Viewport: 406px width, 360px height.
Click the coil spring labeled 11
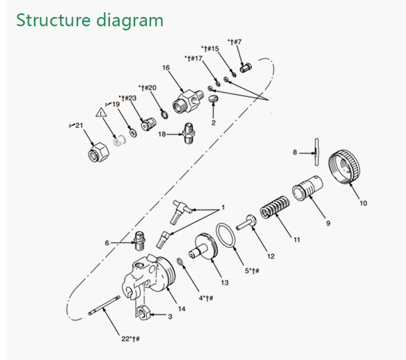(275, 207)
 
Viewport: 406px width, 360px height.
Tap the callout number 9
(328, 223)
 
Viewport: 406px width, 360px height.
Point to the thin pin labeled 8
(317, 152)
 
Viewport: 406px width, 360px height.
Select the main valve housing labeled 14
(149, 275)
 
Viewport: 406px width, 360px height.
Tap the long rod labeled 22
(104, 305)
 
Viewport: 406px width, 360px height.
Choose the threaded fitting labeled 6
(140, 241)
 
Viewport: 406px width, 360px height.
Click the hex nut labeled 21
(98, 153)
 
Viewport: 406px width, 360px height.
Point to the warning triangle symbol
(101, 113)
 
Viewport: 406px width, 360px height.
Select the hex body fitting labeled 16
(188, 101)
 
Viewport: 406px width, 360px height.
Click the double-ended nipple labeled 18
(189, 134)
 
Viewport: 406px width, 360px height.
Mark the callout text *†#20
(147, 88)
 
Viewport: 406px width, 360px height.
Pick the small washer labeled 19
(133, 133)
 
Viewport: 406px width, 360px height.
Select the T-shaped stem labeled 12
(246, 222)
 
